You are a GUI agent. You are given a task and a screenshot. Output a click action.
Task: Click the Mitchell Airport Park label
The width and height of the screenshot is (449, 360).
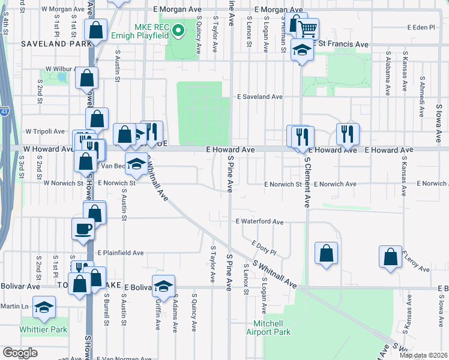point(268,328)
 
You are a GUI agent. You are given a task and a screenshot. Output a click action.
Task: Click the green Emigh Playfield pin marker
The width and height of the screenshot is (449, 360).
point(178,30)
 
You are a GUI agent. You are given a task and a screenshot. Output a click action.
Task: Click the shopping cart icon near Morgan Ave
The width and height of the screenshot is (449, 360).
point(307,28)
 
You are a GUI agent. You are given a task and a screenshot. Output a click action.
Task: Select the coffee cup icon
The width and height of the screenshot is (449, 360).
point(83,228)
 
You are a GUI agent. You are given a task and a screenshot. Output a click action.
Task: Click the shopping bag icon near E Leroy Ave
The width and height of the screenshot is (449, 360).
point(390,256)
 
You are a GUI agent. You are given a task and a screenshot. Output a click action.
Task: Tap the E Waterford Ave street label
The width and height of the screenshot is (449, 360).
point(259,221)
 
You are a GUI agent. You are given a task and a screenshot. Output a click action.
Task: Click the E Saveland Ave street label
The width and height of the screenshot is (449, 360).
point(259,96)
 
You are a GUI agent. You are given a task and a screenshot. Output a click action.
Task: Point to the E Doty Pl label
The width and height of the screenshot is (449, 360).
point(264,247)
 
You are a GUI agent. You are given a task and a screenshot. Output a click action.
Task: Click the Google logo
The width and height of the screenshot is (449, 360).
point(20,352)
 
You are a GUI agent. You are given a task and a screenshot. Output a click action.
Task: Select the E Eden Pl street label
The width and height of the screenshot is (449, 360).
point(420,28)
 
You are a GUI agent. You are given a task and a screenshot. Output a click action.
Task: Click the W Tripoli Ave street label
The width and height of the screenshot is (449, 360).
point(44,131)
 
